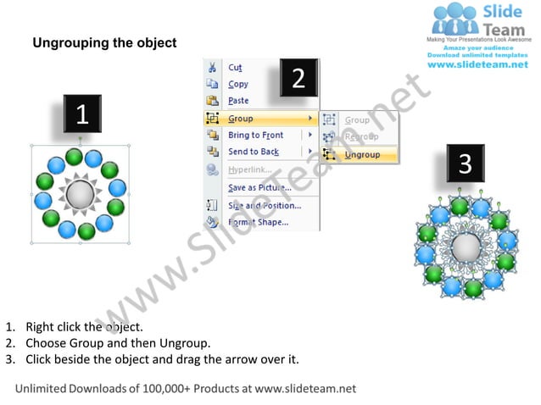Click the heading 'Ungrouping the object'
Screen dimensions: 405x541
[x=104, y=42]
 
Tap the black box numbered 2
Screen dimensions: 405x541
[x=298, y=79]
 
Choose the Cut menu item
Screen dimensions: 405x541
[x=235, y=68]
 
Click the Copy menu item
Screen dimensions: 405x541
[x=238, y=85]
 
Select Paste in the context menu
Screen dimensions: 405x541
[x=238, y=101]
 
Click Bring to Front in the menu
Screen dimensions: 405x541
[x=255, y=136]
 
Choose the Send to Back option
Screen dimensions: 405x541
[x=253, y=153]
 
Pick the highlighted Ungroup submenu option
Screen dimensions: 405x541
[x=362, y=155]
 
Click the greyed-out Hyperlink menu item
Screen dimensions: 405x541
[x=249, y=170]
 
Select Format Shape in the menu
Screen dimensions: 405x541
[x=258, y=223]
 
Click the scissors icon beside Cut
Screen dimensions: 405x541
[x=212, y=68]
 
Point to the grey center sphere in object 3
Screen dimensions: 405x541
[x=465, y=248]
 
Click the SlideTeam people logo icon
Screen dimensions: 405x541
[x=455, y=19]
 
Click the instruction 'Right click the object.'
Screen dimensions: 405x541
[x=84, y=326]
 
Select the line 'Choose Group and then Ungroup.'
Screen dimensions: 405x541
[x=118, y=343]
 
